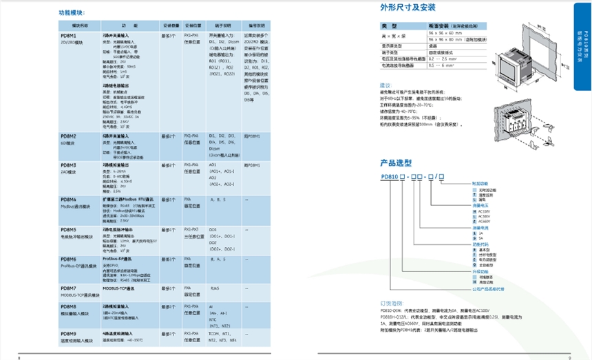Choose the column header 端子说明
coord(220,23)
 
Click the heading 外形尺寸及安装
coord(403,9)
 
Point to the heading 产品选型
coord(395,164)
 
